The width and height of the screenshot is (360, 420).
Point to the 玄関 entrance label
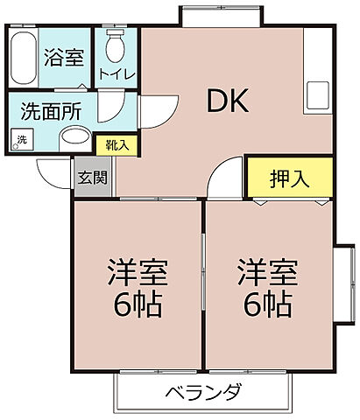point(92,178)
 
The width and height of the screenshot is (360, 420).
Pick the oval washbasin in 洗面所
point(75,138)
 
